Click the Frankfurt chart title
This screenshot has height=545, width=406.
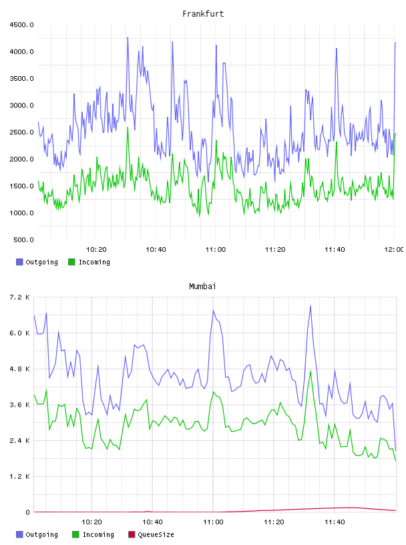coord(203,13)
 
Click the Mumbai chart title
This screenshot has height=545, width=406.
coord(202,286)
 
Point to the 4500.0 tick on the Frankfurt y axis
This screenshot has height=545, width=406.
coord(21,25)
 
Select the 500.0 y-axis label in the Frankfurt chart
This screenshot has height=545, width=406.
coord(23,240)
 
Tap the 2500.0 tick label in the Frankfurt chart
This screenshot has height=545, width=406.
coord(21,132)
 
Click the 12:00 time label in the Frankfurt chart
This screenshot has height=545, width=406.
coord(394,249)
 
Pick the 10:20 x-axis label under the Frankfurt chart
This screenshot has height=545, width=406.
coord(96,249)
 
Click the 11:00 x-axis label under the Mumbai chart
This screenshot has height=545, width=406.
coord(213,522)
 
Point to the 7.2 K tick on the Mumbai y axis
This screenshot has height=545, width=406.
coord(20,297)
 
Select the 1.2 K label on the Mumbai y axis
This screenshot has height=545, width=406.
coord(20,476)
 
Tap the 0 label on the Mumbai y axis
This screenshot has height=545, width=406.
coord(27,512)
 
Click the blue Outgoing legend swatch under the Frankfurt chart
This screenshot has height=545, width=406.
coord(19,262)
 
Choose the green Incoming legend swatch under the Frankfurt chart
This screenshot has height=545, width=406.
coord(71,262)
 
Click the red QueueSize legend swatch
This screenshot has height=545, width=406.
coord(132,534)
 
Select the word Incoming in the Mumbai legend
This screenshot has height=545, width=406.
coord(98,534)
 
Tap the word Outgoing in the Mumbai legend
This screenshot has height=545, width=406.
coord(41,534)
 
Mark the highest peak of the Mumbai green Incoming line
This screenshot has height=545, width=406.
coord(311,371)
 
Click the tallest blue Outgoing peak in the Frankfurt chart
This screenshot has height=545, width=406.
coord(128,37)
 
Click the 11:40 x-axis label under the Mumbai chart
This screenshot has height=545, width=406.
coord(335,522)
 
